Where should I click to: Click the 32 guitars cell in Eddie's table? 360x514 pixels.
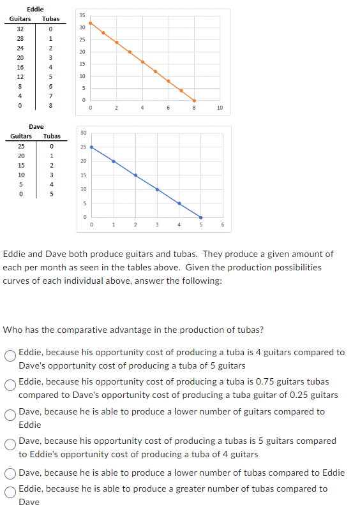tap(20, 29)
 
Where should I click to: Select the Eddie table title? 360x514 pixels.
tap(35, 8)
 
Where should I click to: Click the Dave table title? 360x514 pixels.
tap(36, 127)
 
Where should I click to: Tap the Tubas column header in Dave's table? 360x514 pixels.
tap(52, 136)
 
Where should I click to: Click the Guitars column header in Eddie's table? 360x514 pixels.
tap(20, 18)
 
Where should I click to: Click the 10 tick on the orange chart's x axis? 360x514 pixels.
tap(220, 108)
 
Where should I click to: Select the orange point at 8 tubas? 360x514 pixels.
tap(194, 100)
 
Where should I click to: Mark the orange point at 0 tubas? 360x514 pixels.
tap(91, 23)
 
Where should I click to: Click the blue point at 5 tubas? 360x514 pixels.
tap(200, 217)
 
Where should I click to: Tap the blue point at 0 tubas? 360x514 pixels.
tap(91, 147)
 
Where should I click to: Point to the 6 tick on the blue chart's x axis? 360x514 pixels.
tap(223, 224)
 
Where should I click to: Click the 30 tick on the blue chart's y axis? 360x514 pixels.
tap(83, 133)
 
